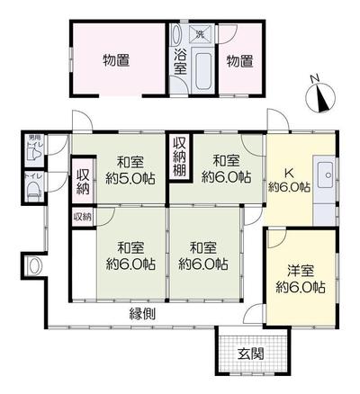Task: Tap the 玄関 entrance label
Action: click(251, 354)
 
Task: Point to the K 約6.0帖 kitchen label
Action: click(289, 179)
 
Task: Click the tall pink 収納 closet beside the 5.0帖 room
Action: click(84, 178)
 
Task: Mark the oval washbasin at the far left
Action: click(35, 266)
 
